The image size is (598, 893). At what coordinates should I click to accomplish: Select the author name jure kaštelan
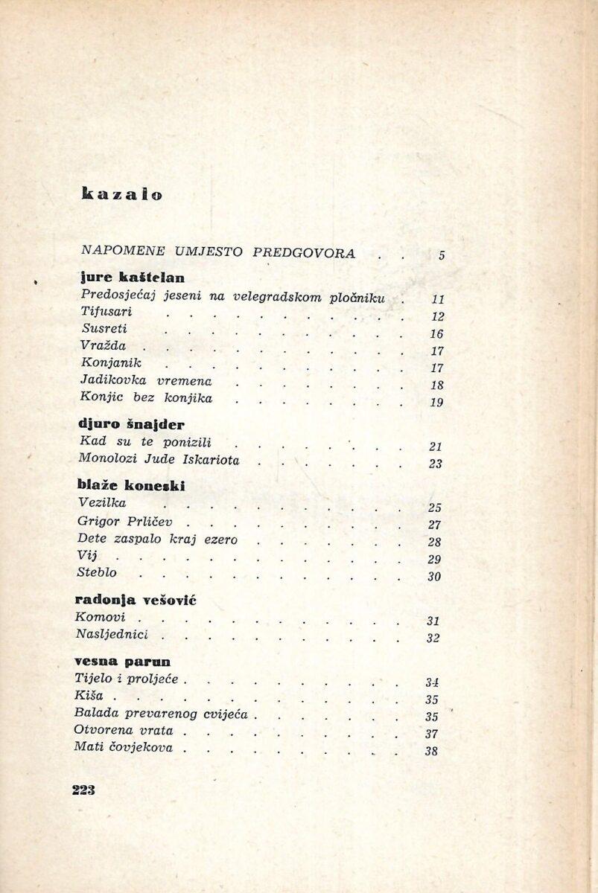(131, 278)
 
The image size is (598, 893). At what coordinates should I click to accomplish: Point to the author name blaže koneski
(130, 486)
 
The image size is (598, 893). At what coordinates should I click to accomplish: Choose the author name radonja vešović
(136, 600)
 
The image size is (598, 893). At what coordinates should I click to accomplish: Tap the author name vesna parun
(123, 660)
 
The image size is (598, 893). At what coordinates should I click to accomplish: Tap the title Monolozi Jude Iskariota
(159, 460)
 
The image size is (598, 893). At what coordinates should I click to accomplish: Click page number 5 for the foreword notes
(441, 255)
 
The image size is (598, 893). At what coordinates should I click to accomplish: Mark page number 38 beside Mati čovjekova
(430, 751)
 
